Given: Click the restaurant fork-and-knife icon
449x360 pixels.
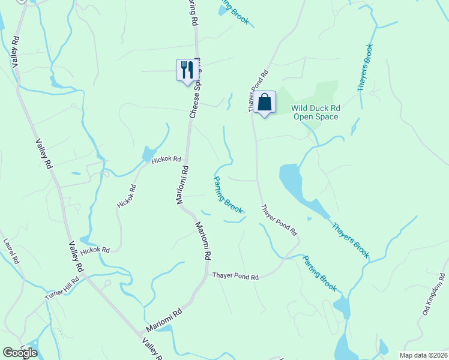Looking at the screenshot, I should (x=185, y=70).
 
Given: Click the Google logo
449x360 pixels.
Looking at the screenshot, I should (x=20, y=353).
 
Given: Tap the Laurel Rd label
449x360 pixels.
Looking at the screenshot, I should (x=12, y=253).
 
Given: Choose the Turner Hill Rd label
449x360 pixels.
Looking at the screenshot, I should (x=62, y=289).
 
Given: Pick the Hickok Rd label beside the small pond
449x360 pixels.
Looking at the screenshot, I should (x=166, y=159).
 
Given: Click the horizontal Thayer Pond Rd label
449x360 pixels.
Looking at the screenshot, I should (x=235, y=277).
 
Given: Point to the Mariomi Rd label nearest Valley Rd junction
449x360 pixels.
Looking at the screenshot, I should (x=164, y=322).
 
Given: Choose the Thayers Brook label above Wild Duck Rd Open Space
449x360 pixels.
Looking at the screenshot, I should (x=365, y=67).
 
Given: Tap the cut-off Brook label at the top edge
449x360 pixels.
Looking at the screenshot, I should (x=235, y=11).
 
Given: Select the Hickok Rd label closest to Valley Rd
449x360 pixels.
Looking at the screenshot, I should (x=95, y=250).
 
